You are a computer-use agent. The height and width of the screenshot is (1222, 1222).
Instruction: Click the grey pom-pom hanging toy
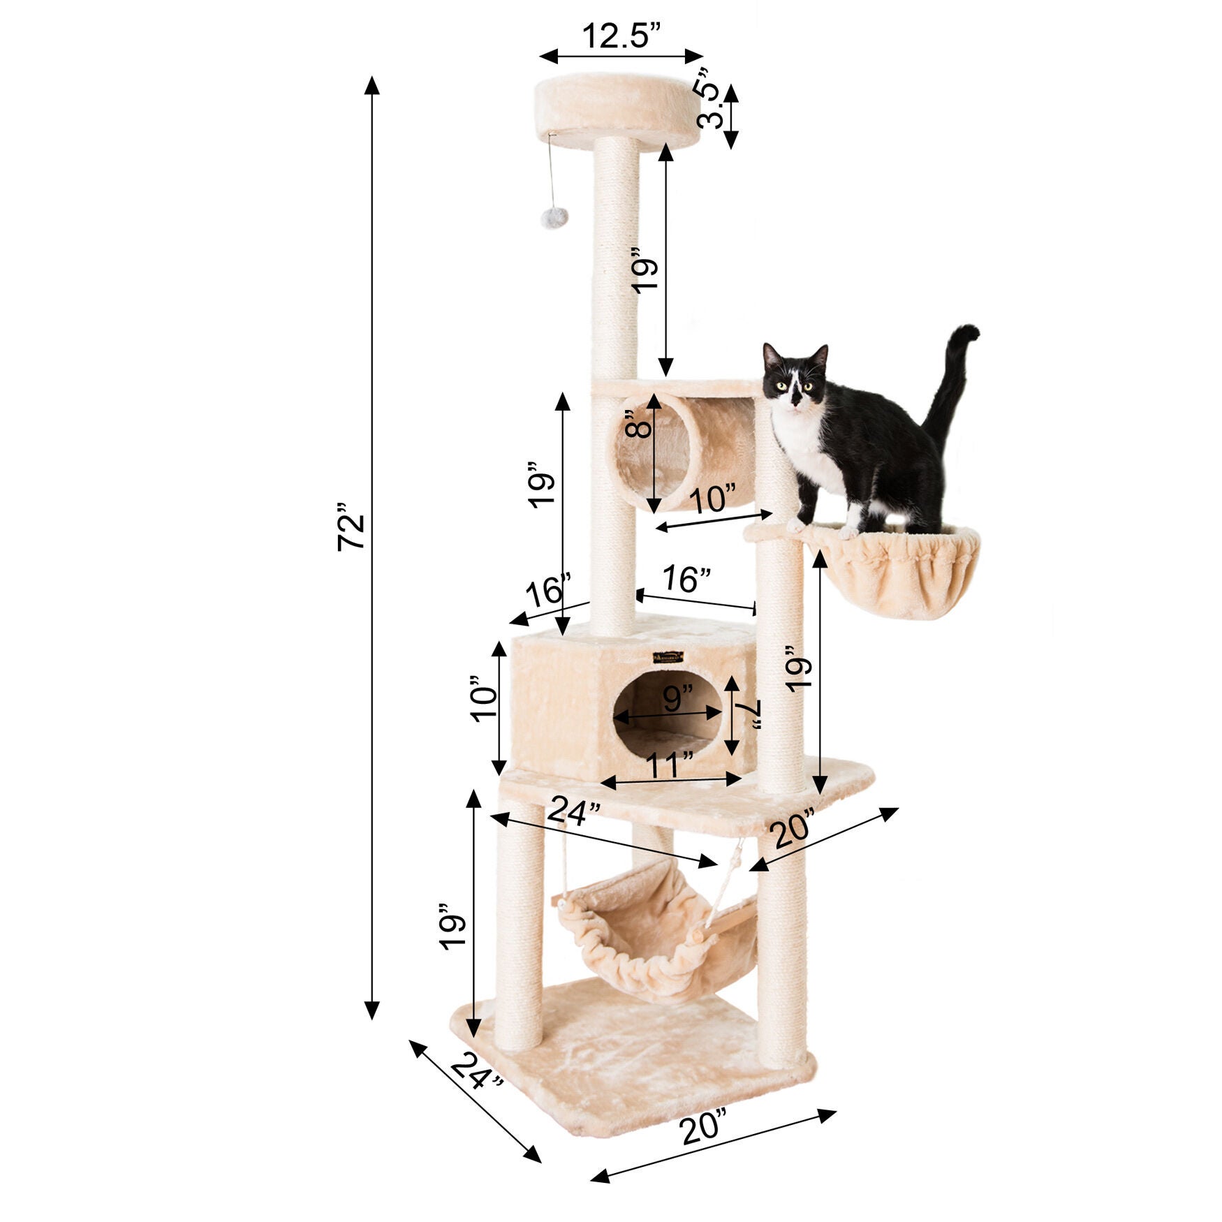tap(553, 217)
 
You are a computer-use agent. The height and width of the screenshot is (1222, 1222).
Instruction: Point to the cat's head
tap(795, 378)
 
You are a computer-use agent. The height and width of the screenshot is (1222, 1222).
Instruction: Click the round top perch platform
tap(617, 110)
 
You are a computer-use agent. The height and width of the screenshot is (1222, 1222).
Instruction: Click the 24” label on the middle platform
tap(574, 812)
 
